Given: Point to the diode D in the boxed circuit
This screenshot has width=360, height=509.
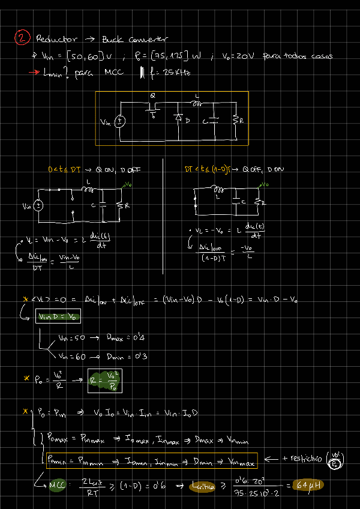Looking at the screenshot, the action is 179,118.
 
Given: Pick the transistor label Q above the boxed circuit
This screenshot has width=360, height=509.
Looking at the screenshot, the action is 152,95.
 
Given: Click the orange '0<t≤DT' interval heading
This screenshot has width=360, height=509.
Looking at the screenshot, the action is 64,170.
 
